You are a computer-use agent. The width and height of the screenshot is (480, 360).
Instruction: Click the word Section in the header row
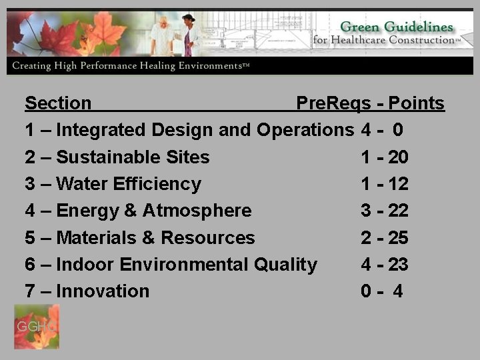coord(58,103)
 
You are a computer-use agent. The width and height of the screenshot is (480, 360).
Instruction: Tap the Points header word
coord(416,103)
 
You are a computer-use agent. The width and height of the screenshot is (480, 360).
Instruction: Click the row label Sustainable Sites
coord(133,157)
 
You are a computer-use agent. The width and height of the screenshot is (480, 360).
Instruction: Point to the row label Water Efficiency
coord(129,184)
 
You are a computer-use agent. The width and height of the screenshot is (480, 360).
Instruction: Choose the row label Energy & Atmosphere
coord(154,211)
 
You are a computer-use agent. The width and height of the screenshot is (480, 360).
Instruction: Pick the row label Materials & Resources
coord(155,238)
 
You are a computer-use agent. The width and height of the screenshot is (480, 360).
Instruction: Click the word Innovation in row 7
coord(103,291)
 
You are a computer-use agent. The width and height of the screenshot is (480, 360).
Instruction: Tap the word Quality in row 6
coord(285,265)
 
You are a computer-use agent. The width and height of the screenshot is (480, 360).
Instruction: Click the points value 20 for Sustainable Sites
coord(398,157)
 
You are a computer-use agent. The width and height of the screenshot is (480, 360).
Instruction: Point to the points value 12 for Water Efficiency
coord(398,184)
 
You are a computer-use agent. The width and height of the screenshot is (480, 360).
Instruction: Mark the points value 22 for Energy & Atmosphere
coord(398,211)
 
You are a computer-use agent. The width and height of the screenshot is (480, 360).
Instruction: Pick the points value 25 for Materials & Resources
coord(398,238)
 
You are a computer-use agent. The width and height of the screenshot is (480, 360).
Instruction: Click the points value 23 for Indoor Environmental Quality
coord(398,265)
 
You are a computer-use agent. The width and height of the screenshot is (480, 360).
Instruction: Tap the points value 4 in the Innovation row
coord(398,291)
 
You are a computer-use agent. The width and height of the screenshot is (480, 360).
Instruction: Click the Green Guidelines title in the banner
coord(396,27)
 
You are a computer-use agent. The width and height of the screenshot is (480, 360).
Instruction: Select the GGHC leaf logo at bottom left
coord(37,327)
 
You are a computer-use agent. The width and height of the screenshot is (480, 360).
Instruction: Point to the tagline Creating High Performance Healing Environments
coord(131,66)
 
